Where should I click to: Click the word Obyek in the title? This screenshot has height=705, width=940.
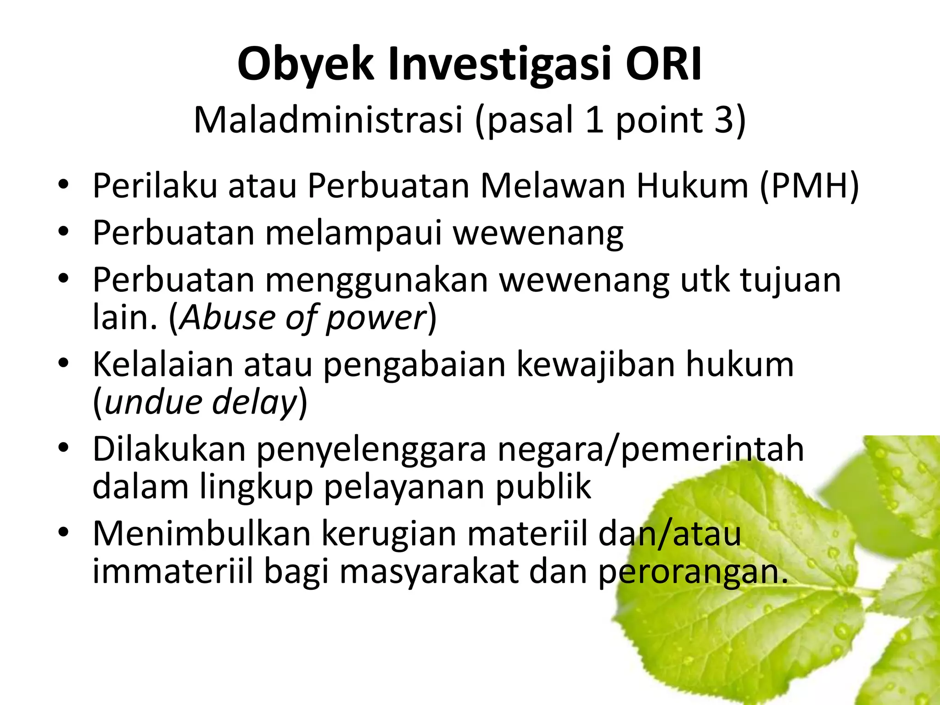pos(305,64)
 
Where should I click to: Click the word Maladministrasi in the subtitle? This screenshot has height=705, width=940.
pos(328,120)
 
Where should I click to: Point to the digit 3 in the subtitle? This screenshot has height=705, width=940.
pos(725,120)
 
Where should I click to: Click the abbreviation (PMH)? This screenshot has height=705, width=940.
pos(809,186)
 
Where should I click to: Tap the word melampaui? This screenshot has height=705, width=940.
pos(353,233)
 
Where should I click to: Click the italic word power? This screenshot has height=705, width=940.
pos(376,318)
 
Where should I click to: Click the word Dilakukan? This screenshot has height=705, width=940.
pos(169,449)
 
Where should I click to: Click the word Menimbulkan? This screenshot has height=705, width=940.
pos(201,534)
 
